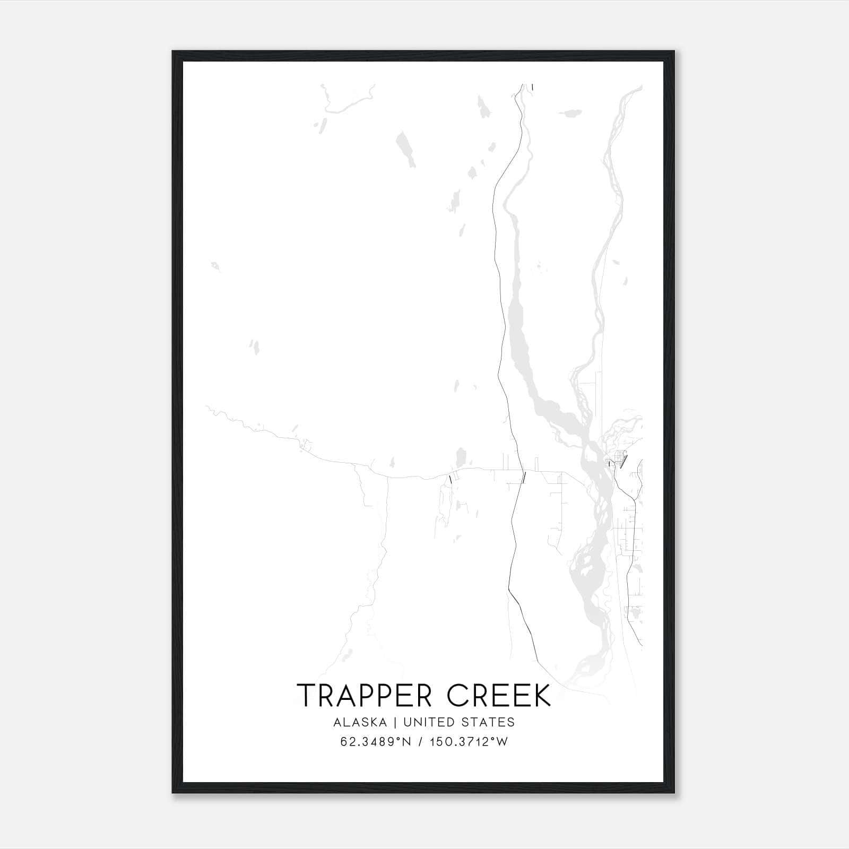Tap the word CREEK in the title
pos(499,696)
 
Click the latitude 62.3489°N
pos(376,742)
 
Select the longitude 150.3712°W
pos(469,742)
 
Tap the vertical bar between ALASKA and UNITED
pos(395,722)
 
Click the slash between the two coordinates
pos(420,742)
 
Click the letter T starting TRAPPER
pos(306,696)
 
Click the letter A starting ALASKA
pos(337,722)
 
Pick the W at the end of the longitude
pos(503,742)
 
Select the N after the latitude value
pos(407,742)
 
